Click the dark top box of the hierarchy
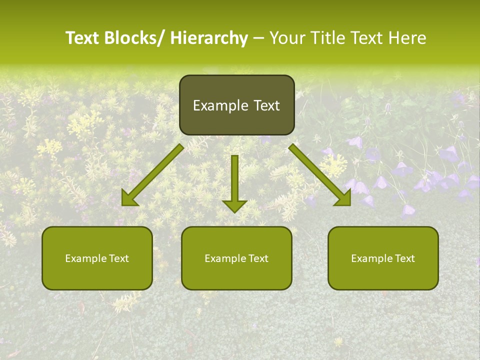(236, 105)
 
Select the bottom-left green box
(97, 258)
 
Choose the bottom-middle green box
(236, 258)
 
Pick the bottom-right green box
(383, 258)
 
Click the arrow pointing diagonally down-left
(152, 175)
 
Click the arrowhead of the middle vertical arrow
(234, 205)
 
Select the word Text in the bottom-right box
(405, 258)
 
